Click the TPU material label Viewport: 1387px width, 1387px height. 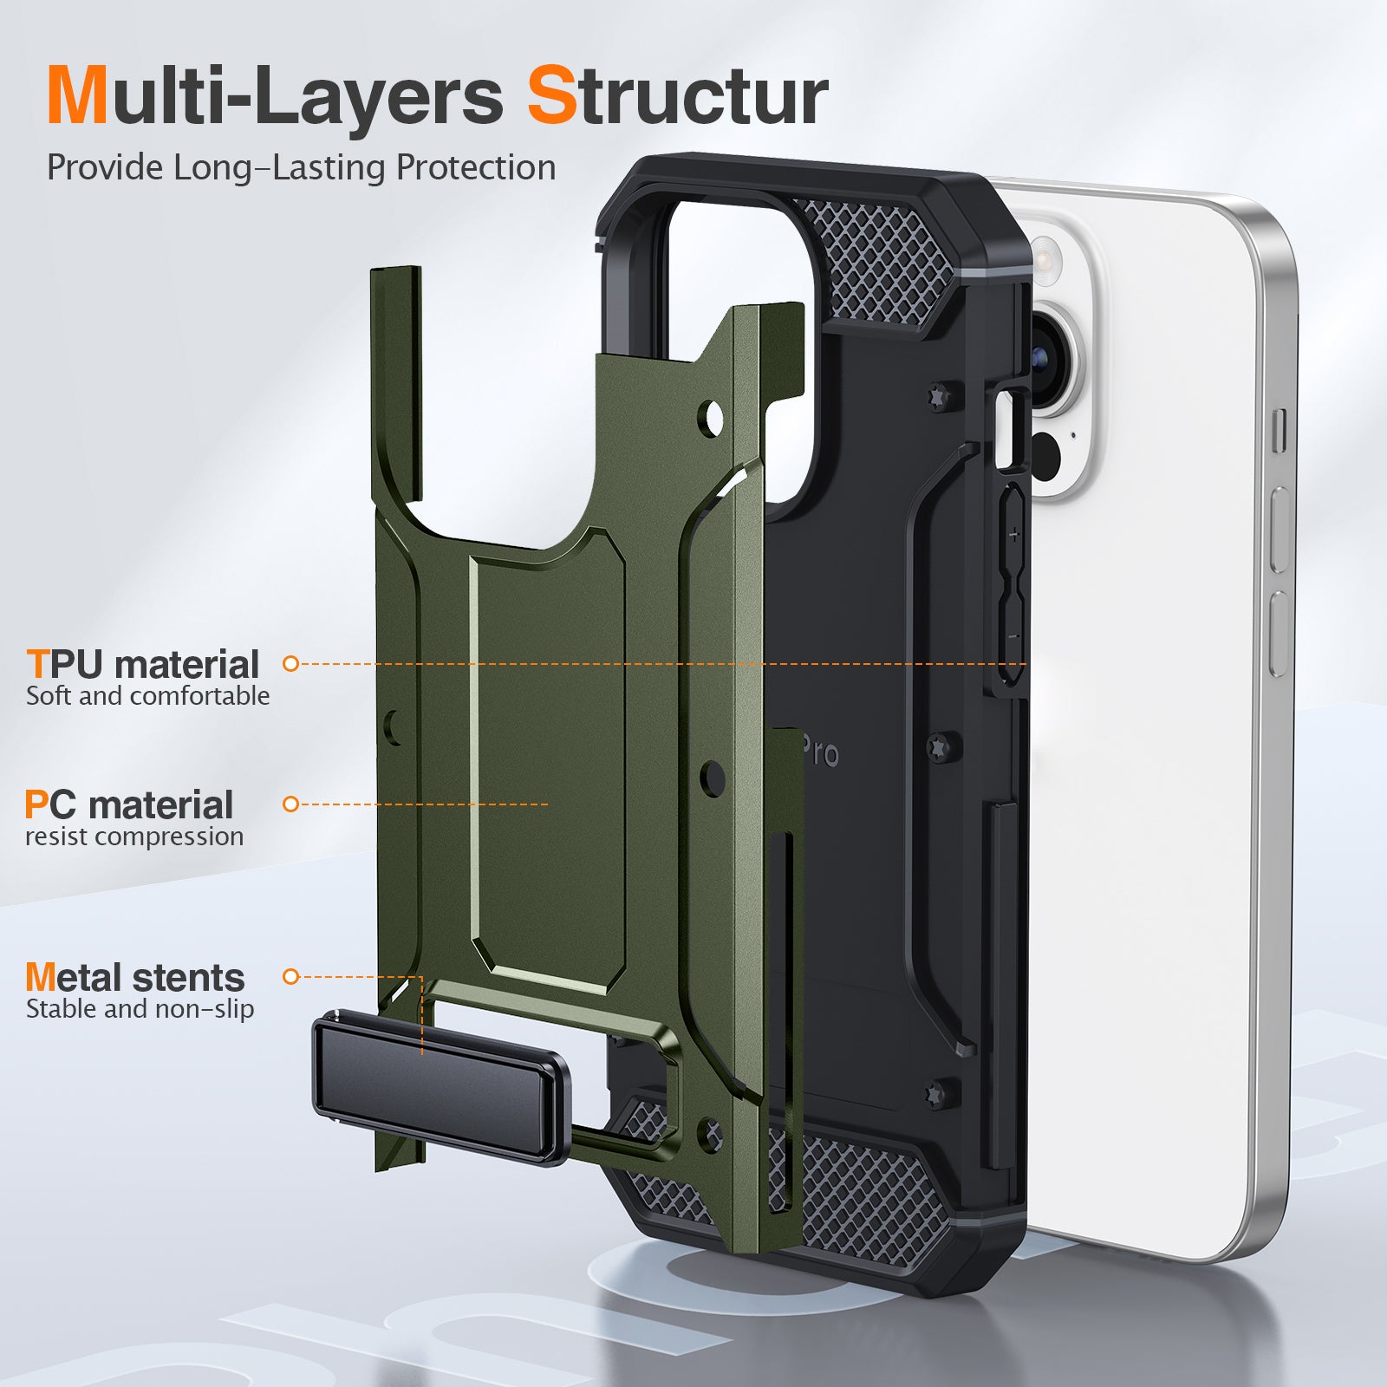pos(143,665)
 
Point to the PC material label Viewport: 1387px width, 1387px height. pos(129,805)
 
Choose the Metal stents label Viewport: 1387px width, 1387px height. pos(135,978)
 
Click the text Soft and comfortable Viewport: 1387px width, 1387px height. pos(147,696)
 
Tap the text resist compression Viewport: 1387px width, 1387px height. pos(134,837)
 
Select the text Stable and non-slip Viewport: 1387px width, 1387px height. pos(140,1009)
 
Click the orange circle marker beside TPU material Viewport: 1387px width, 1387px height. pos(291,664)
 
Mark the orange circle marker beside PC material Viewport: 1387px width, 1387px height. pos(291,804)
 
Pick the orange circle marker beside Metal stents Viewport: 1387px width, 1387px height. pos(291,977)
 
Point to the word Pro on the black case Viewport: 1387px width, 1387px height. pos(820,752)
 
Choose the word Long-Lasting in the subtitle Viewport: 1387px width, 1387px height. pos(279,167)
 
